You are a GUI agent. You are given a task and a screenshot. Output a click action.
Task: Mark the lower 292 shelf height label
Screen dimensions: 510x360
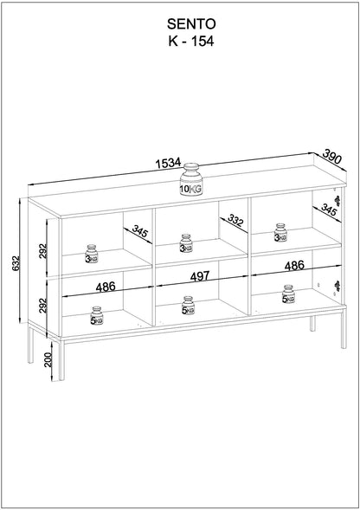pos(43,305)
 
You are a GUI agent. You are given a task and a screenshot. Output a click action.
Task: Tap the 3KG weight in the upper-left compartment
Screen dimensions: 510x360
pos(92,254)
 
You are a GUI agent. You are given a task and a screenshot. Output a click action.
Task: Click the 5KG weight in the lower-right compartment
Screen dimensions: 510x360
pos(287,295)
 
